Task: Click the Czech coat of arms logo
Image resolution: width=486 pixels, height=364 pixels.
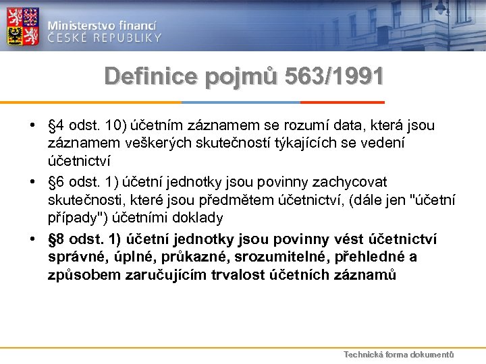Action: (x=23, y=26)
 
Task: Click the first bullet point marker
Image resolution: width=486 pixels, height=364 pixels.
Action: (x=33, y=126)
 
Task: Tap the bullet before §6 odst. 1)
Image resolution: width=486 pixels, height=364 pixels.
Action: (x=33, y=183)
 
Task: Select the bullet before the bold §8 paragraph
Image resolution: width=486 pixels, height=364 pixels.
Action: (x=33, y=239)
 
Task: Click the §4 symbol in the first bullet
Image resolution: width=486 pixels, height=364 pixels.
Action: (x=56, y=126)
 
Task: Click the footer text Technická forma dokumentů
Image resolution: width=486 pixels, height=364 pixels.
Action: (x=398, y=355)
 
